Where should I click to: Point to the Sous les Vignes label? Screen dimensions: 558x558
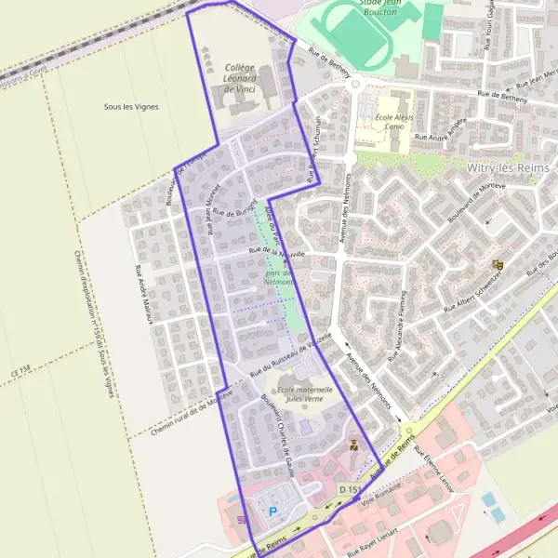pyautogui.click(x=131, y=107)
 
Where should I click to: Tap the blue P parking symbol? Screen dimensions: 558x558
pyautogui.click(x=272, y=511)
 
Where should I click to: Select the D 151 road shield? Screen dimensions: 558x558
pyautogui.click(x=350, y=489)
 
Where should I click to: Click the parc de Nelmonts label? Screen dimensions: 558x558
pyautogui.click(x=279, y=277)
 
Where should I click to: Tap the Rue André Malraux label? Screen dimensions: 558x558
pyautogui.click(x=144, y=289)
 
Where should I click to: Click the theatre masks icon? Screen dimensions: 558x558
pyautogui.click(x=498, y=265)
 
